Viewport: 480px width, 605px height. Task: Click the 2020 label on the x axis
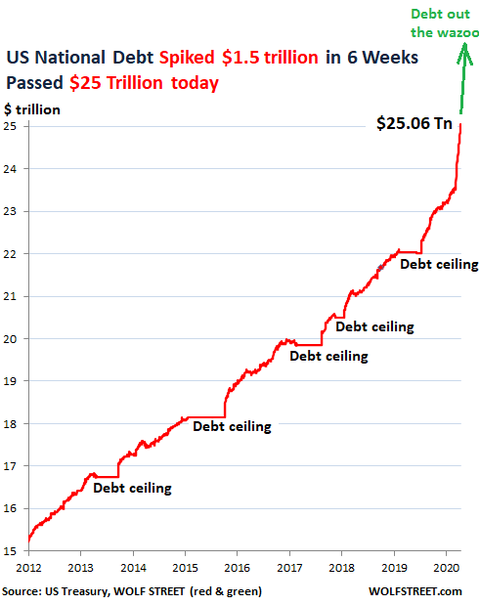[x=446, y=567]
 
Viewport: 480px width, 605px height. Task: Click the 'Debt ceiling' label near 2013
[x=132, y=488]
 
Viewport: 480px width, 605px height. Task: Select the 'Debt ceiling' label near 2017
[x=328, y=356]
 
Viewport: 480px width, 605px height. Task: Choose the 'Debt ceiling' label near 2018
[x=374, y=326]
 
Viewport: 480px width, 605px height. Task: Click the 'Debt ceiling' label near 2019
[x=439, y=264]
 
